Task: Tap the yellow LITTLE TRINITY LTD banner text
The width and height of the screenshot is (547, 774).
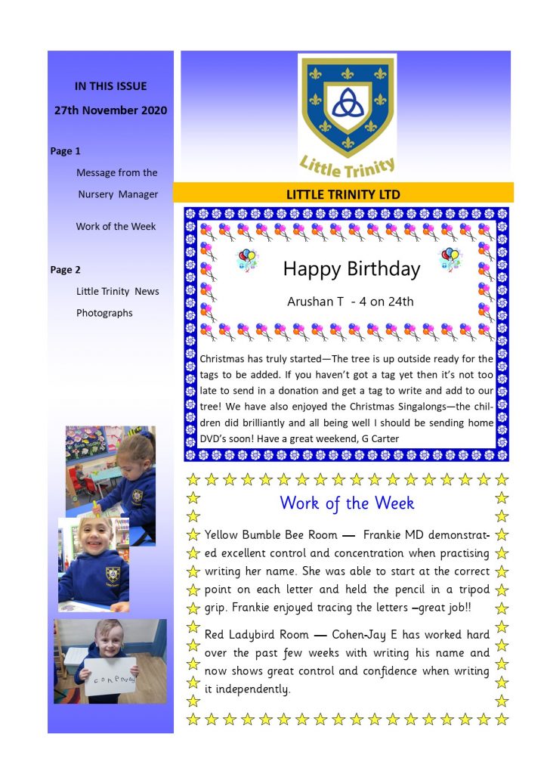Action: coord(343,194)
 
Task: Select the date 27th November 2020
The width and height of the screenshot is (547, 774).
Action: coord(110,110)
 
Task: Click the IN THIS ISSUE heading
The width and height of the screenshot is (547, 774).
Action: coord(110,86)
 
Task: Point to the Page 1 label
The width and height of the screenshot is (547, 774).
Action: coord(65,151)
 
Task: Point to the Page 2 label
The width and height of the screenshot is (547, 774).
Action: coord(65,270)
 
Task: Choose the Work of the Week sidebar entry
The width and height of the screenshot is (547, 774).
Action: coord(116,227)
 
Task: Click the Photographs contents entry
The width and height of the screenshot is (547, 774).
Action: coord(104,313)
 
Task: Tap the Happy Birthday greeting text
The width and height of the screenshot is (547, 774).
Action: coord(351,269)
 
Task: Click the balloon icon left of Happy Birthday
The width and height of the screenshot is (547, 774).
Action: coord(247,260)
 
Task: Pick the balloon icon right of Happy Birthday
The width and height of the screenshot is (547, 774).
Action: coord(450,259)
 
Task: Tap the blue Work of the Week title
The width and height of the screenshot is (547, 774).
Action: coord(347,503)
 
